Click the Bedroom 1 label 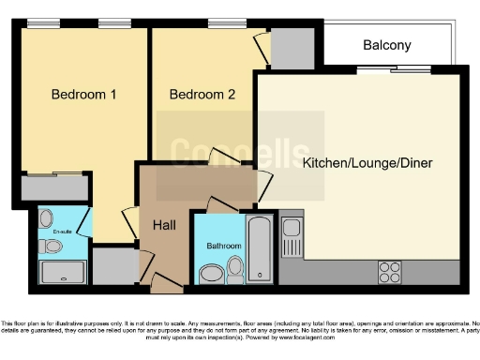pyautogui.click(x=83, y=95)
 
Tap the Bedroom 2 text pyautogui.click(x=202, y=95)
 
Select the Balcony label pyautogui.click(x=386, y=45)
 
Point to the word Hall pyautogui.click(x=163, y=227)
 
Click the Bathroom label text pyautogui.click(x=223, y=247)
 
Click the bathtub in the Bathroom pyautogui.click(x=259, y=248)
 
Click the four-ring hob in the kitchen pyautogui.click(x=390, y=272)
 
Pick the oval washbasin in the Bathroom pyautogui.click(x=212, y=273)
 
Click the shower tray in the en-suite pyautogui.click(x=62, y=273)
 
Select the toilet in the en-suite pyautogui.click(x=52, y=247)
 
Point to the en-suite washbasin pyautogui.click(x=46, y=218)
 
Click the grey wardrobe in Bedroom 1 pyautogui.click(x=52, y=187)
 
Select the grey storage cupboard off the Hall pyautogui.click(x=113, y=265)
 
